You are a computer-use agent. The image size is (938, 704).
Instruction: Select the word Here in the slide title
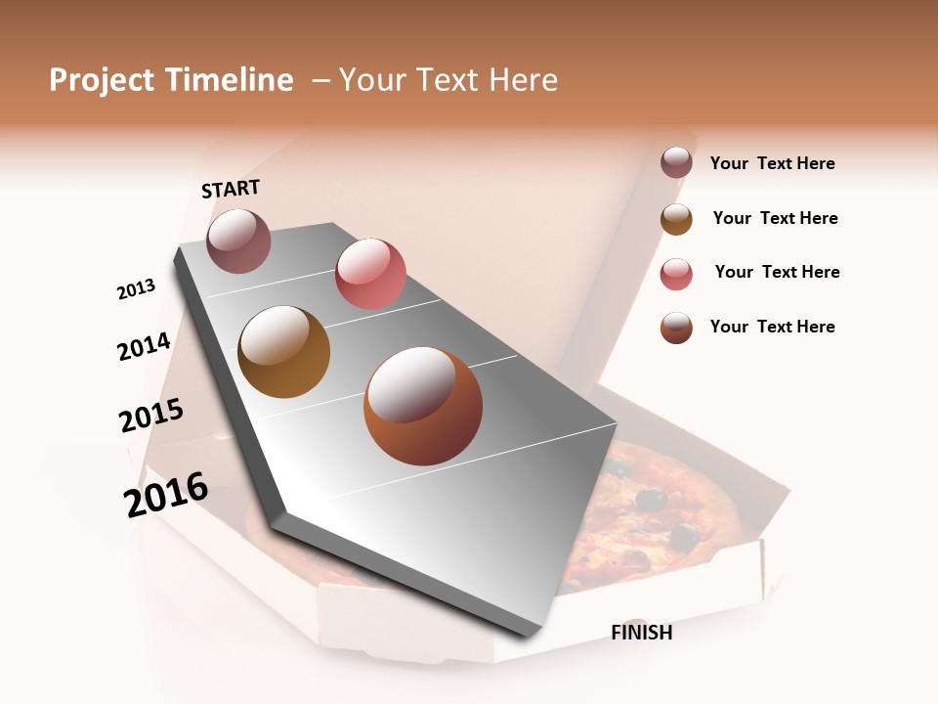523,80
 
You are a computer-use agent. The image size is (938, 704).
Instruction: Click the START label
231,189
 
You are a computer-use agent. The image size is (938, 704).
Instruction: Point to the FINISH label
641,633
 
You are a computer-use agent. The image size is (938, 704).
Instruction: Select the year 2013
136,289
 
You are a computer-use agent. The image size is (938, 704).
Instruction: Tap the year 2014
144,346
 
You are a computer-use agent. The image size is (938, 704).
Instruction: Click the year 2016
166,495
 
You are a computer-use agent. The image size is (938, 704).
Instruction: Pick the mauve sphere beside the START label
238,241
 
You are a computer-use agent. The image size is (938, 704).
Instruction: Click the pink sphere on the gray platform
370,273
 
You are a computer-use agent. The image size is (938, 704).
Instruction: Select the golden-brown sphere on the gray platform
283,351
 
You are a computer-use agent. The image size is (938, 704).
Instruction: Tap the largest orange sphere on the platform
423,406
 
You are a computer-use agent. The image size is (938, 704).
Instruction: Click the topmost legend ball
676,163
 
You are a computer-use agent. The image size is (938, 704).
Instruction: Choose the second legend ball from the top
676,219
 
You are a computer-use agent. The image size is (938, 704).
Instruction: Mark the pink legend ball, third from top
676,274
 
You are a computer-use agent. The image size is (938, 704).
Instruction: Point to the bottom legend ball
676,328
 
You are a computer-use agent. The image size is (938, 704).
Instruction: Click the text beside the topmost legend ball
772,164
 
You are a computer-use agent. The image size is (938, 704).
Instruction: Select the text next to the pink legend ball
777,272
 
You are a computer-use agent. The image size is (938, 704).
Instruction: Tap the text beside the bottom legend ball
772,327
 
